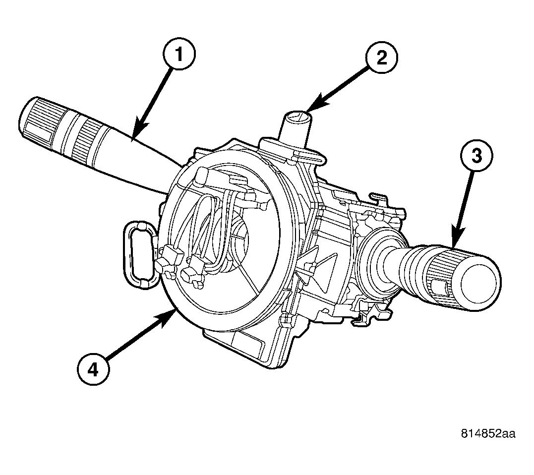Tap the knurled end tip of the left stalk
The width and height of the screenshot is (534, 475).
[x=35, y=118]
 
